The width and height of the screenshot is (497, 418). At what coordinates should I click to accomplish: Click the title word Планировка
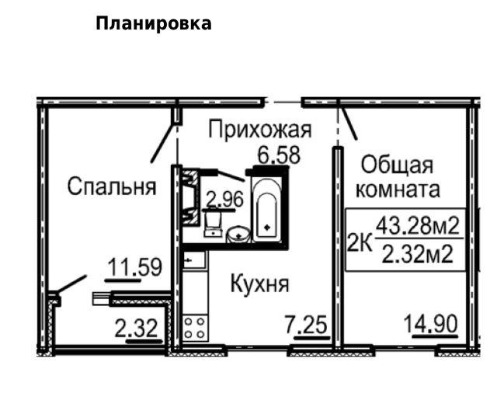point(153,23)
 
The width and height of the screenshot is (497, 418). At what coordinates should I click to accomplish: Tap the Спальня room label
point(111,186)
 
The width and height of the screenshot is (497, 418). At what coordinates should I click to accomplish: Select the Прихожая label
point(259,130)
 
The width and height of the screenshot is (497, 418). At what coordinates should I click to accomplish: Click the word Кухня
point(259,284)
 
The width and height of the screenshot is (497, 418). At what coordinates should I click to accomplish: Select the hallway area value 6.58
point(278,154)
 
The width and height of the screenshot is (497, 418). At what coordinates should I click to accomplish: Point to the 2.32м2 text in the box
point(418,253)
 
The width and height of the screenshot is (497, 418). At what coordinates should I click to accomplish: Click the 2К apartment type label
point(359,242)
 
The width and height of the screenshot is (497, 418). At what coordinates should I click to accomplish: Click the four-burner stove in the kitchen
point(195,327)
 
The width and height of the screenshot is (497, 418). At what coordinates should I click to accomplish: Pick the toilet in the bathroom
point(213,225)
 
